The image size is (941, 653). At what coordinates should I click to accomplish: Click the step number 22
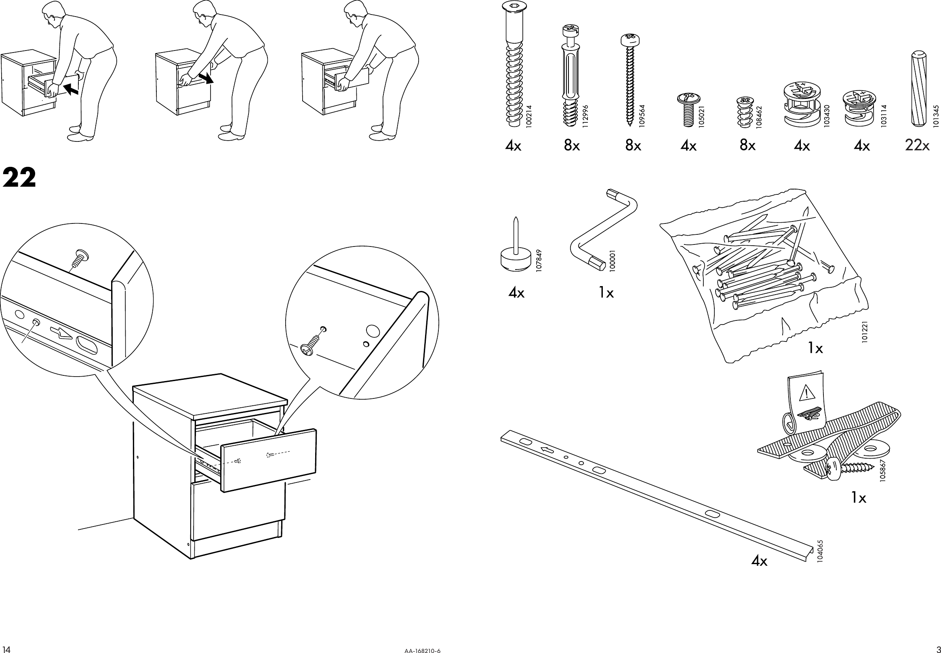[19, 178]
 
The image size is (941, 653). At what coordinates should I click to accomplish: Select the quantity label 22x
[917, 145]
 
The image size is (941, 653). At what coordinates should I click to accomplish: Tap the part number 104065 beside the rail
[820, 553]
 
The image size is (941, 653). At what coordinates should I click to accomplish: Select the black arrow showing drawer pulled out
[206, 78]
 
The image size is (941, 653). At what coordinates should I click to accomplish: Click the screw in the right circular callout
[313, 341]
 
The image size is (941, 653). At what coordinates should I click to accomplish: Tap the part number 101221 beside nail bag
[865, 333]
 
